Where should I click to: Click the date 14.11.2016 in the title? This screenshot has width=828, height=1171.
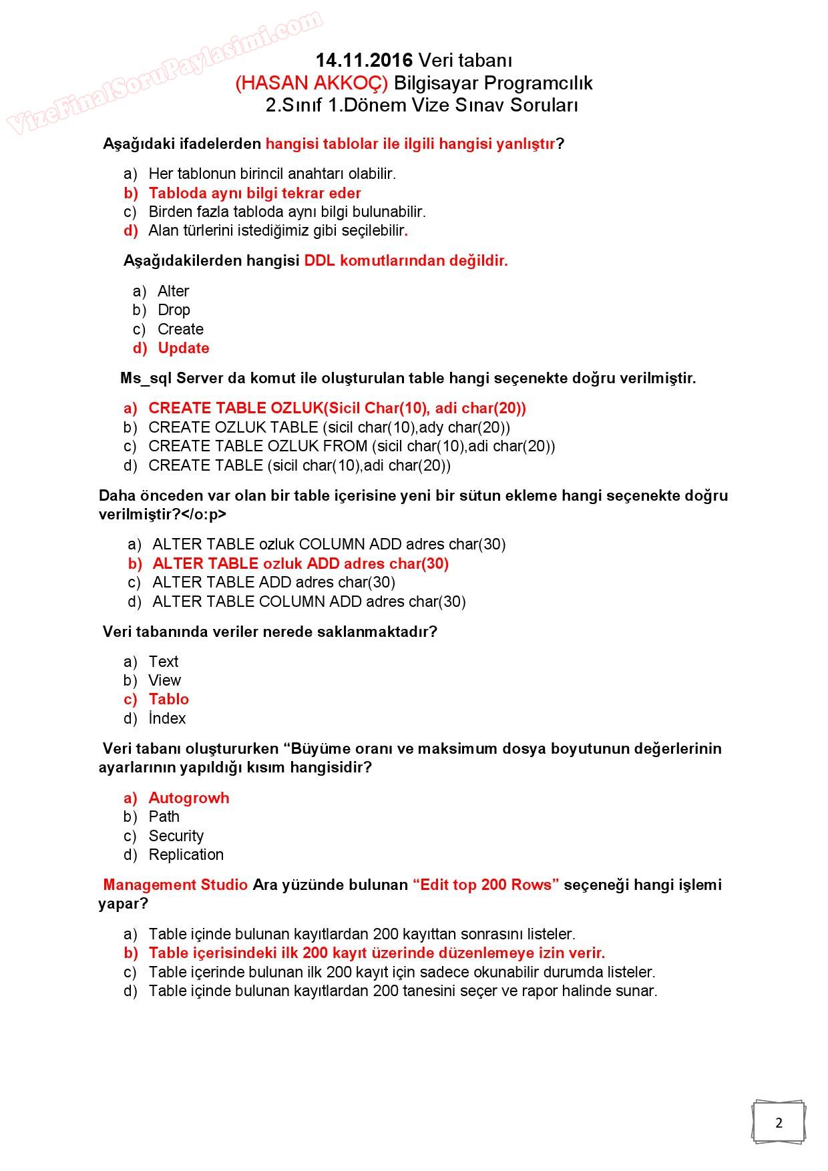click(x=364, y=60)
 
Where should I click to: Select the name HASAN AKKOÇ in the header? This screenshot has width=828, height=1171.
click(x=311, y=83)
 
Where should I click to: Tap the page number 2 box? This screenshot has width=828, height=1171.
click(x=779, y=1122)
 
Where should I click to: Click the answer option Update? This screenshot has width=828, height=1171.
click(x=183, y=348)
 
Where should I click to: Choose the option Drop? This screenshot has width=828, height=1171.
click(x=174, y=310)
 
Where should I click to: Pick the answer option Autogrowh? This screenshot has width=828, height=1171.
click(x=188, y=798)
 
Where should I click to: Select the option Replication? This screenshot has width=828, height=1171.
click(x=186, y=855)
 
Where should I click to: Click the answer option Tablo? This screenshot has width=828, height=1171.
click(x=168, y=699)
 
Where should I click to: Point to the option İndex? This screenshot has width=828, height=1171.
click(x=167, y=718)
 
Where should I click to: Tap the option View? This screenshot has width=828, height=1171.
click(x=164, y=680)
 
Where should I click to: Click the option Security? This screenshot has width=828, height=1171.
click(x=176, y=836)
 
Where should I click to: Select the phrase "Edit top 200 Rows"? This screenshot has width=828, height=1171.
click(x=485, y=885)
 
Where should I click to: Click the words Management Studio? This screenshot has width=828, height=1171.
click(x=176, y=885)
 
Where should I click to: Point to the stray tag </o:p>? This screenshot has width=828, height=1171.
click(x=204, y=514)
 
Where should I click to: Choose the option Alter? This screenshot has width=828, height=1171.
click(x=173, y=291)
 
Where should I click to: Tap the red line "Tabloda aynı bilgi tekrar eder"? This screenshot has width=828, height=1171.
click(x=254, y=193)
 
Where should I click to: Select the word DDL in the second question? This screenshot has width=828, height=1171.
click(x=319, y=260)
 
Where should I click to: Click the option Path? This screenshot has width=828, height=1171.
click(x=164, y=816)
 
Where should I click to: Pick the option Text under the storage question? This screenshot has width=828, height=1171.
click(x=163, y=662)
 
